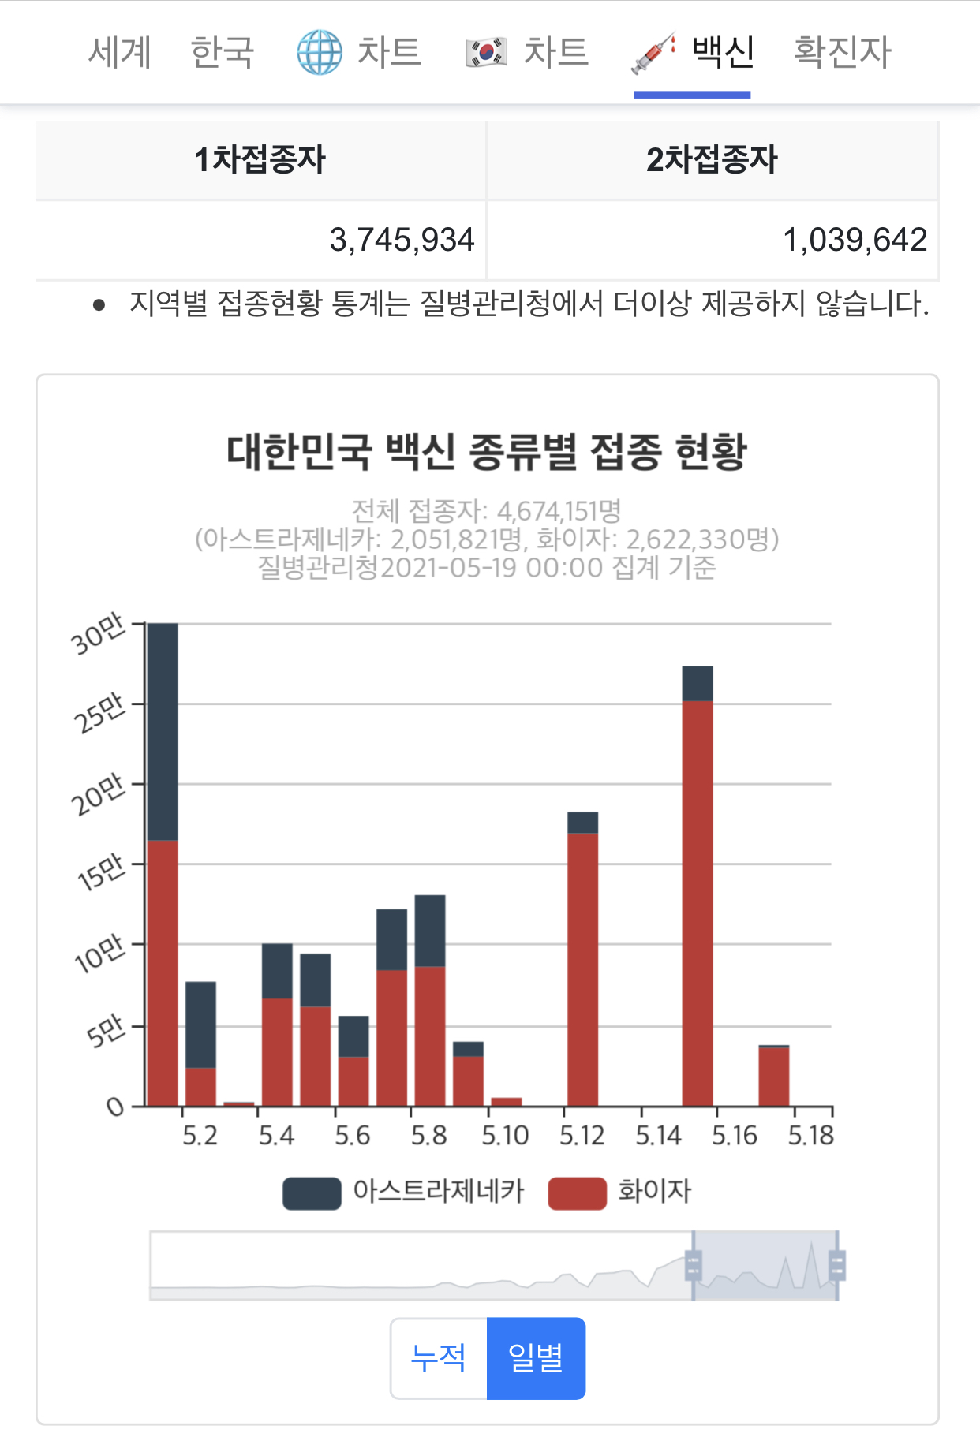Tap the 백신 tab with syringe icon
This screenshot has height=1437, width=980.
[x=692, y=53]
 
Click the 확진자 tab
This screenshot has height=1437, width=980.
[x=842, y=53]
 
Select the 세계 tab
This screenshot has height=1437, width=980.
[x=119, y=53]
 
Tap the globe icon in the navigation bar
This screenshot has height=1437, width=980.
[x=320, y=53]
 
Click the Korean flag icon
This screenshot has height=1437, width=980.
[x=486, y=53]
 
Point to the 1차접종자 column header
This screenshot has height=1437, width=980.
[x=260, y=160]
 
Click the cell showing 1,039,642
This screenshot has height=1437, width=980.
[x=855, y=240]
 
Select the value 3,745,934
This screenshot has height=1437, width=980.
[x=402, y=240]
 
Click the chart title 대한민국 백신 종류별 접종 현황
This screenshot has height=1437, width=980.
[x=487, y=452]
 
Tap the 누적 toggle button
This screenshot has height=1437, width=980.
[x=439, y=1358]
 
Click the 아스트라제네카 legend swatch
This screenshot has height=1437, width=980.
[x=312, y=1193]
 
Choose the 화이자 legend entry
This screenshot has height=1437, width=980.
[x=620, y=1193]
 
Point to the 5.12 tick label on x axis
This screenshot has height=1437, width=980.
[x=582, y=1136]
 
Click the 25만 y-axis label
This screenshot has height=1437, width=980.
[x=99, y=712]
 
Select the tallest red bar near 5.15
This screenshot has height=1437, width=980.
[x=698, y=903]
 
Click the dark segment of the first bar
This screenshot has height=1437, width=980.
[x=163, y=732]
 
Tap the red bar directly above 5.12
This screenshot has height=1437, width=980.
[x=582, y=969]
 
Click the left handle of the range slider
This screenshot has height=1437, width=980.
[x=693, y=1265]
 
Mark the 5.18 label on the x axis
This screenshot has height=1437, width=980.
[x=811, y=1136]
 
